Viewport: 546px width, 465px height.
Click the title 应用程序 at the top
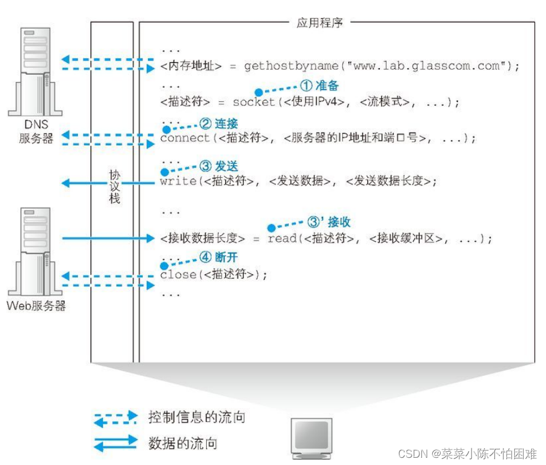(x=319, y=23)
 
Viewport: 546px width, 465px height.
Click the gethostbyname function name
(x=288, y=66)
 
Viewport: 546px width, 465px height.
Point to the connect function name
(x=185, y=138)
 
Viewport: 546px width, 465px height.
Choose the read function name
(x=282, y=239)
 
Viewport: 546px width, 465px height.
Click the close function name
(x=178, y=275)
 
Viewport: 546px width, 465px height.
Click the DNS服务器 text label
(x=36, y=132)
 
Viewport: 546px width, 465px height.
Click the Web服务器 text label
(x=36, y=306)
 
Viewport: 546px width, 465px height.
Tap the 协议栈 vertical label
(x=114, y=186)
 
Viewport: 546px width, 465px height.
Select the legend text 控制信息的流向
(x=197, y=417)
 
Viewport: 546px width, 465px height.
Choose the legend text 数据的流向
(x=182, y=443)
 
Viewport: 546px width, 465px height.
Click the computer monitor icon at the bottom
(x=310, y=436)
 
